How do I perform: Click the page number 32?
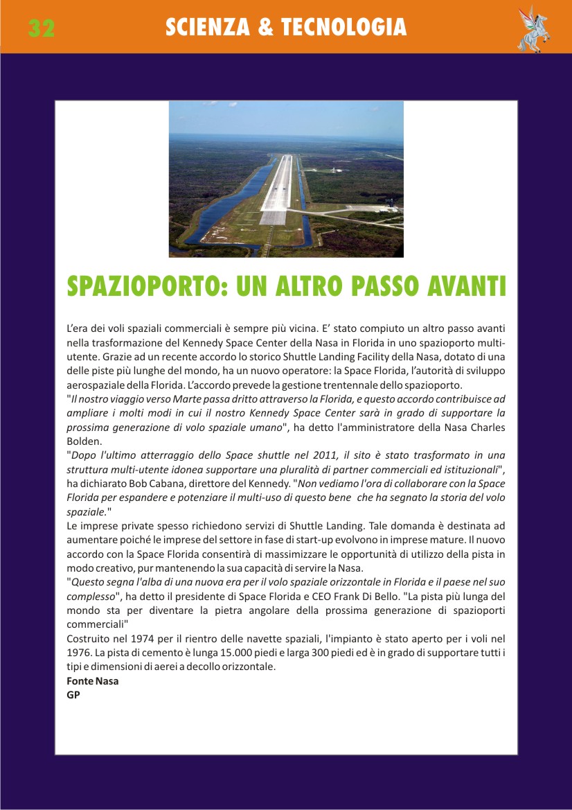[x=42, y=28]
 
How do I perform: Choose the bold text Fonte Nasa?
[x=92, y=681]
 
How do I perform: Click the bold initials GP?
[x=73, y=695]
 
